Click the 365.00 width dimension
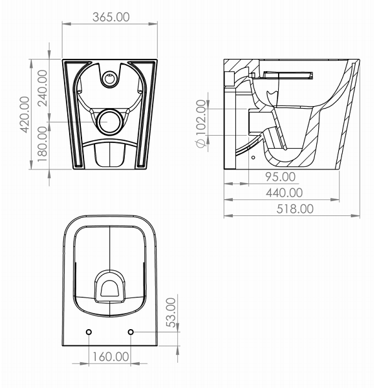tap(111, 17)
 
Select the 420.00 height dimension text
tap(25, 114)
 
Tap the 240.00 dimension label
tap(43, 88)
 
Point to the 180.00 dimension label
tap(43, 144)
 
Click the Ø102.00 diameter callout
tap(201, 124)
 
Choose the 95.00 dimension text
tap(281, 177)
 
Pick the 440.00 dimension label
tap(285, 193)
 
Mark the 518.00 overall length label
tap(295, 209)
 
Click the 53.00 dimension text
tap(171, 312)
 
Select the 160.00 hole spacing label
tap(111, 356)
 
